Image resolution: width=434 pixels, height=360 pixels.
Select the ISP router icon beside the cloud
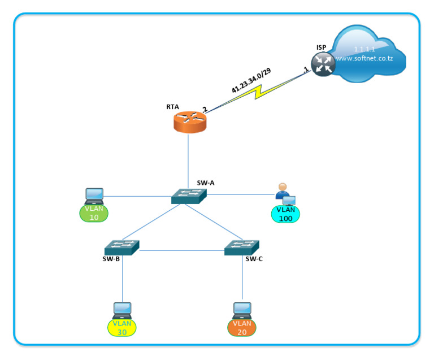coord(323,64)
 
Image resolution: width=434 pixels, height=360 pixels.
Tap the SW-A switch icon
coord(189,196)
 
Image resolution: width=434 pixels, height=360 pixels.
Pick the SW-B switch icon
coord(121,247)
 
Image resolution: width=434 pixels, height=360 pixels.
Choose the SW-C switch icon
coord(241,247)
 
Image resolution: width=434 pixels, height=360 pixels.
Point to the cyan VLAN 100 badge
coord(286,214)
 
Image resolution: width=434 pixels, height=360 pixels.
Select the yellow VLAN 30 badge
coord(122,327)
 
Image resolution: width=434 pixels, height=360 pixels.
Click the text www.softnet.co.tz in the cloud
coord(363,58)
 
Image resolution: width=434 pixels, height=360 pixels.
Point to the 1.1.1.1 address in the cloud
coord(364,49)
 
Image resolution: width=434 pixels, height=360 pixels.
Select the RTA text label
coord(173,106)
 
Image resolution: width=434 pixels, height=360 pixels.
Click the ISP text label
coord(322,47)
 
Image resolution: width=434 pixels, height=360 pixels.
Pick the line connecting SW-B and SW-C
coord(181,250)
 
